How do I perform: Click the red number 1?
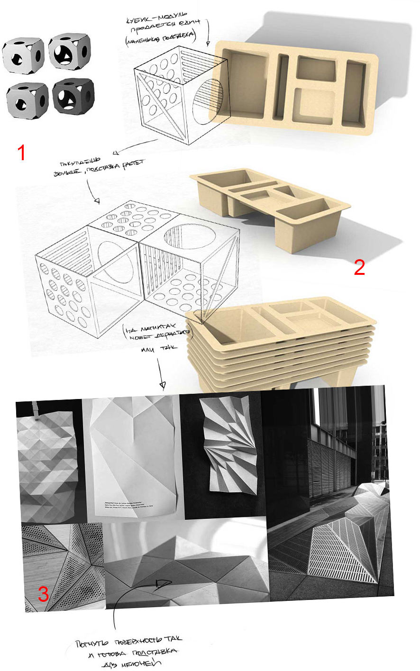pos(21,153)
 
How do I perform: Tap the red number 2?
pos(359,268)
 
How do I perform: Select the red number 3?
pos(43,594)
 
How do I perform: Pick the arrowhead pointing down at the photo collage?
pos(163,384)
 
